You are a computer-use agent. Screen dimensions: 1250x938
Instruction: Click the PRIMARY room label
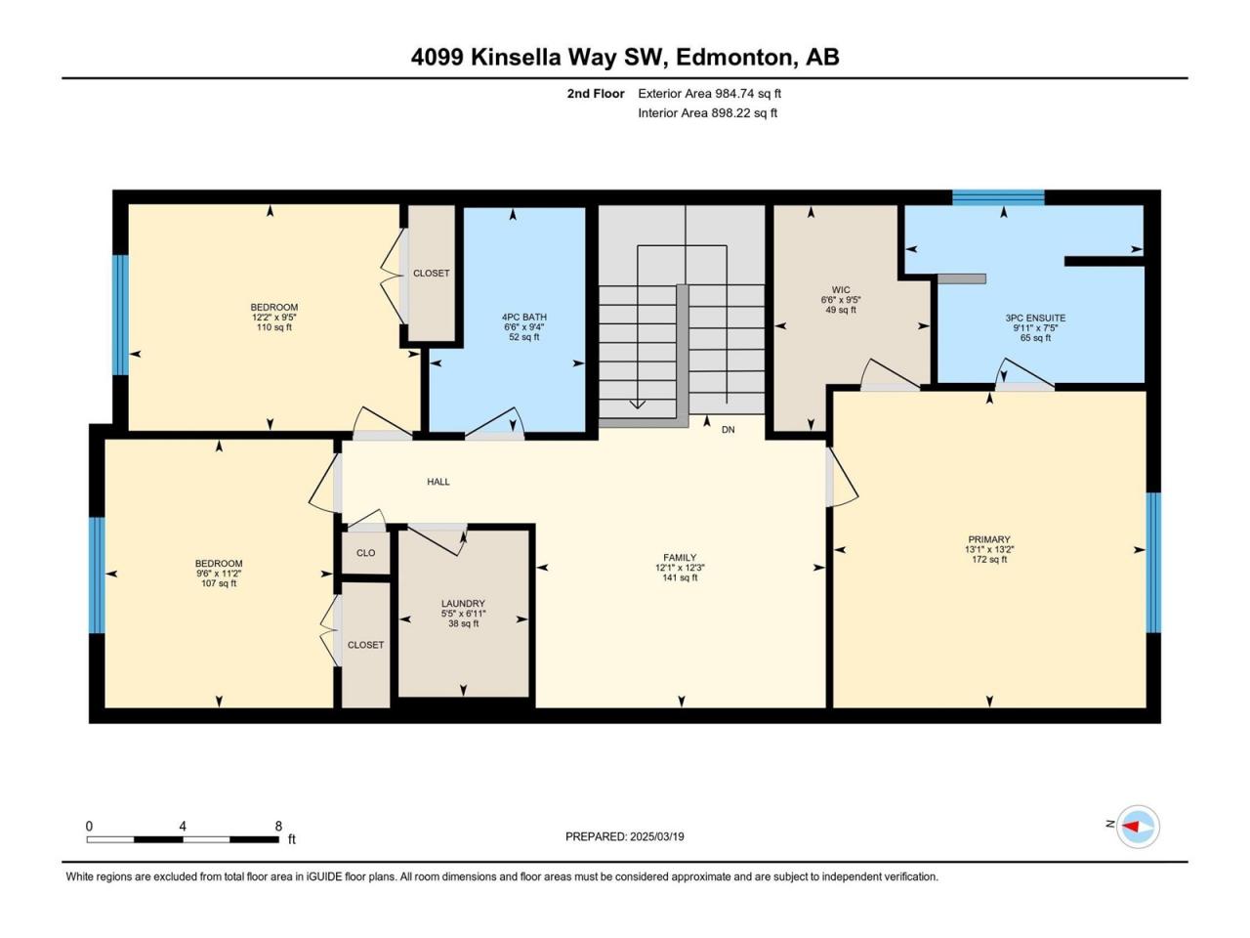coord(988,539)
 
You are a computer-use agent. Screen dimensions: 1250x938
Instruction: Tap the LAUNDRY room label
coord(463,604)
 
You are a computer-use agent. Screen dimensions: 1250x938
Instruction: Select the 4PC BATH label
coord(523,318)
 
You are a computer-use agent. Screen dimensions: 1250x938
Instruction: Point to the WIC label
coord(841,290)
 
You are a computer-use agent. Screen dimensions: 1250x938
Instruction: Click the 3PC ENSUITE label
coord(1035,319)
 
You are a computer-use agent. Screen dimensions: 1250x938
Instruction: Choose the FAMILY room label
coord(680,558)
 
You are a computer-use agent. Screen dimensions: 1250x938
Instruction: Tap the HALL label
coord(437,482)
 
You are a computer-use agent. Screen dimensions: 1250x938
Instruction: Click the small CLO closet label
coord(365,553)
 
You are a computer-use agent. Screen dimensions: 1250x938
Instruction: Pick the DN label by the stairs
coord(728,430)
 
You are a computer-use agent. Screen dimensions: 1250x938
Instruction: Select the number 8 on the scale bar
coord(278,827)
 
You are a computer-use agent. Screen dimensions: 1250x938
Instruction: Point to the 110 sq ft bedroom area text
coord(273,327)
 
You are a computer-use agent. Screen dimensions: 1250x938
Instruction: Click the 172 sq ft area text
coord(989,559)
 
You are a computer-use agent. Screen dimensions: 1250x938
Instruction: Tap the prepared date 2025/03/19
coord(656,836)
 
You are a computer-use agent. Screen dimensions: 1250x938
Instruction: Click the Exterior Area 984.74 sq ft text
coord(710,94)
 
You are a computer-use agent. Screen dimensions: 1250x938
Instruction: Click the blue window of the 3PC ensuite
coord(998,197)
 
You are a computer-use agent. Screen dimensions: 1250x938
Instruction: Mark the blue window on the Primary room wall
coord(1153,563)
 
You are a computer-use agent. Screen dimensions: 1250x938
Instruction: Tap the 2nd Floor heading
coord(596,94)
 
